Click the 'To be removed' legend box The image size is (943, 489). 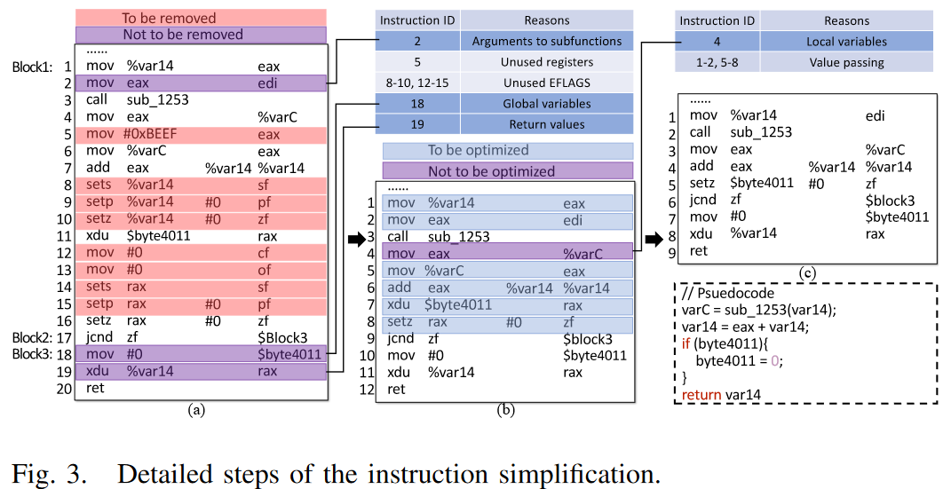200,18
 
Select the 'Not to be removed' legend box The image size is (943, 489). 200,35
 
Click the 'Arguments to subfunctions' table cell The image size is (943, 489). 546,41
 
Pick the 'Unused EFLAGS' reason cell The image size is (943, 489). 546,83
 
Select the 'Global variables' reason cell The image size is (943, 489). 546,104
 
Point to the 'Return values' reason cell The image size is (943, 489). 546,124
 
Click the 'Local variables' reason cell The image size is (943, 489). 846,41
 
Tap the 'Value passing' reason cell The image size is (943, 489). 846,62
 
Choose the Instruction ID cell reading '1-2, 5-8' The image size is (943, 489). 717,62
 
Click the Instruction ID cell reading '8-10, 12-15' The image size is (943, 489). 416,83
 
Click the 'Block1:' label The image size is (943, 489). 32,67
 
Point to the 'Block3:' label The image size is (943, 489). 32,354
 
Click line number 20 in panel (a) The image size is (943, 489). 63,388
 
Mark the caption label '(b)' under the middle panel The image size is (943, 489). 505,409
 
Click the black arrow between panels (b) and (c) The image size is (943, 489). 655,240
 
